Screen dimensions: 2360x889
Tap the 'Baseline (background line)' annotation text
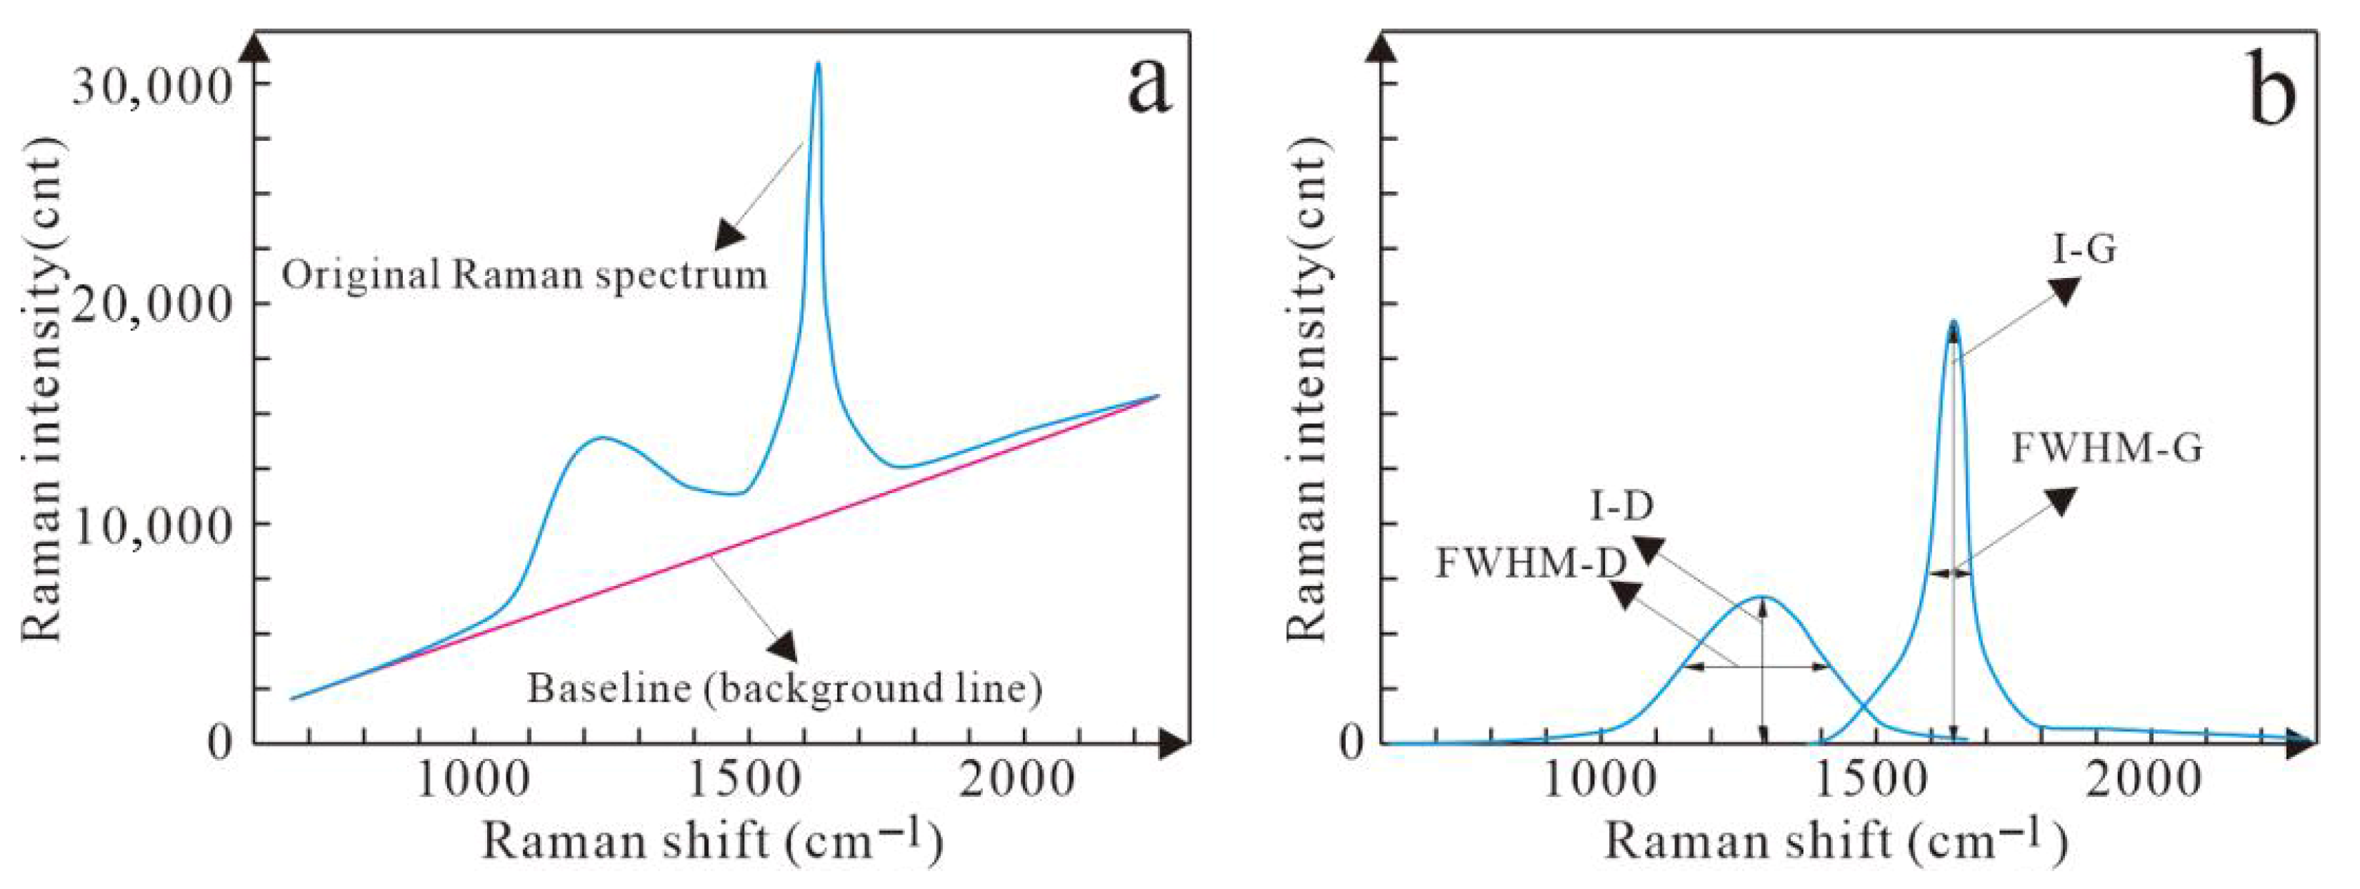pyautogui.click(x=784, y=688)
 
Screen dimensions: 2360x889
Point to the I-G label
pyautogui.click(x=2084, y=249)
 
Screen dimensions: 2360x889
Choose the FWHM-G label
pyautogui.click(x=2107, y=448)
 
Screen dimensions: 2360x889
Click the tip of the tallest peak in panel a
pyautogui.click(x=818, y=62)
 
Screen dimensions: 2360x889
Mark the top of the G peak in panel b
pyautogui.click(x=1954, y=322)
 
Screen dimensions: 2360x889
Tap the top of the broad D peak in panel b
pyautogui.click(x=1761, y=597)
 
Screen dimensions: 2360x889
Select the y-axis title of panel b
pyautogui.click(x=1307, y=390)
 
